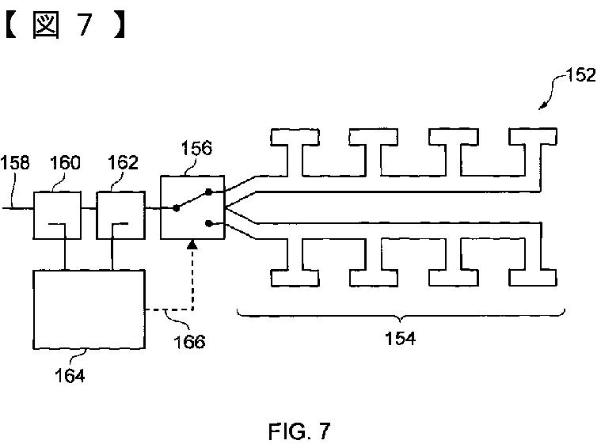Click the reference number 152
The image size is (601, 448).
[581, 74]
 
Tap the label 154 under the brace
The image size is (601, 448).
[400, 339]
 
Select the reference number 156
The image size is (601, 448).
[196, 148]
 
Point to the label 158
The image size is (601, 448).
[14, 162]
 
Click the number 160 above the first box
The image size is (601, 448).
[65, 162]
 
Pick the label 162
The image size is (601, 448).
[123, 162]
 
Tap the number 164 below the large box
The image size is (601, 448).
[70, 375]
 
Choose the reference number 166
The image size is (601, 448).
[189, 341]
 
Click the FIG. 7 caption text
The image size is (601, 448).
[299, 431]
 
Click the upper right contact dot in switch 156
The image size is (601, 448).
[209, 192]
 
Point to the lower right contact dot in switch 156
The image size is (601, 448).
[209, 223]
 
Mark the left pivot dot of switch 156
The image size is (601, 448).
[176, 208]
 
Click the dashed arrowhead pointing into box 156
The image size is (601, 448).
[192, 245]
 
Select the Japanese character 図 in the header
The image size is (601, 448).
[46, 25]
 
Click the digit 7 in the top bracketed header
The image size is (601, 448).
[86, 25]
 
